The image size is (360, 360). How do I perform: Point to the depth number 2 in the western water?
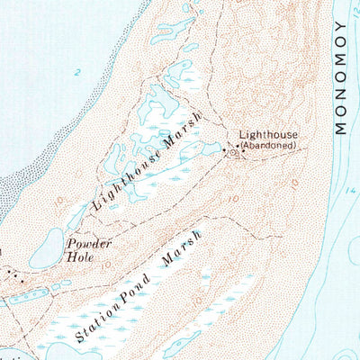click(78, 72)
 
